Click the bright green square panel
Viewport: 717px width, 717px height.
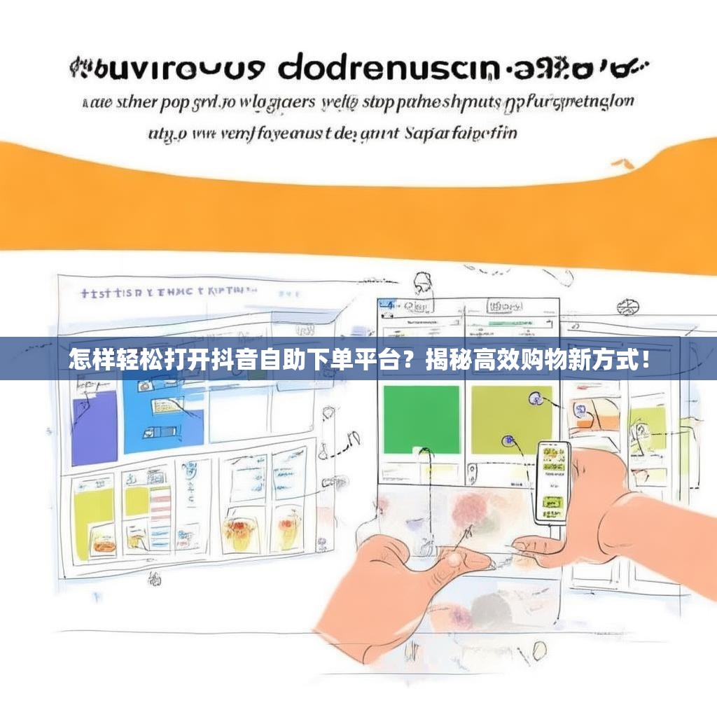tap(421, 419)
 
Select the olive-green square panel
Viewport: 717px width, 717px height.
tap(510, 419)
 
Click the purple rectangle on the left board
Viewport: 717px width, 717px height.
tap(94, 427)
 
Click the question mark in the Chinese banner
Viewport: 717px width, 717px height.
tap(412, 361)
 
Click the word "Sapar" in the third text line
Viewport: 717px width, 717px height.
tap(428, 132)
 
